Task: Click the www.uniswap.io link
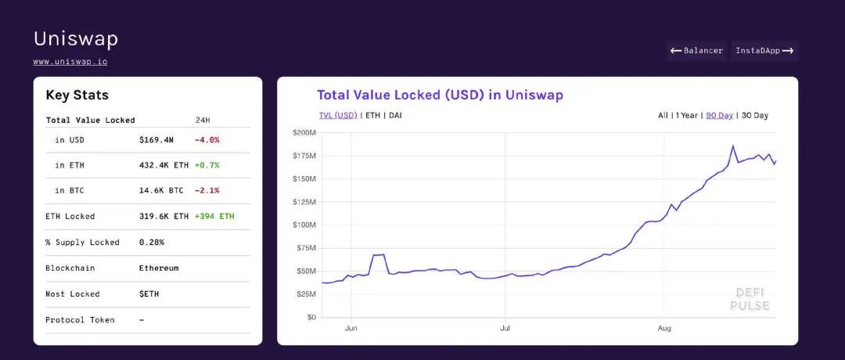click(x=70, y=61)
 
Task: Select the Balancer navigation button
click(x=696, y=51)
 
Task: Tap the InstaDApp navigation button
click(x=764, y=51)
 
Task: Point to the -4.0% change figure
click(x=207, y=140)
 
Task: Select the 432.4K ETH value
click(x=164, y=165)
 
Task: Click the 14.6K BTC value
click(x=161, y=190)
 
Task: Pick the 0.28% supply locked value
click(x=152, y=242)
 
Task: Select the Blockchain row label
click(x=70, y=268)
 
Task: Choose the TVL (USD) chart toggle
click(x=337, y=115)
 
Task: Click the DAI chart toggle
click(x=395, y=115)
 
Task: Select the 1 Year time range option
click(x=686, y=115)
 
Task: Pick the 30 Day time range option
click(x=754, y=115)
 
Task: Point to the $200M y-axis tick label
click(x=304, y=133)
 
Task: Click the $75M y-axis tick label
click(x=306, y=248)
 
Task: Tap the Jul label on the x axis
click(x=505, y=329)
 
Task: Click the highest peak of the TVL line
click(x=733, y=146)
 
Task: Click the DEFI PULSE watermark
click(x=749, y=299)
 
